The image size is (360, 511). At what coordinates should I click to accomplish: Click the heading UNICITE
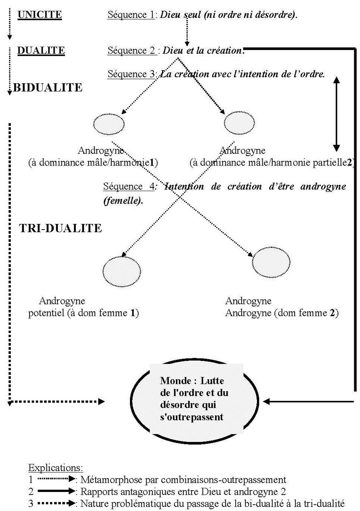click(x=39, y=15)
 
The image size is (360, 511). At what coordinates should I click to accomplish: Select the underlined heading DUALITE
click(x=41, y=50)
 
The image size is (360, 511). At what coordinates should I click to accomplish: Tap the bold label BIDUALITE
click(x=48, y=87)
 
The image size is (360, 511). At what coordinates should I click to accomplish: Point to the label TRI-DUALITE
click(x=60, y=228)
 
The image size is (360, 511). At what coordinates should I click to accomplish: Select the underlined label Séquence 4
click(x=129, y=186)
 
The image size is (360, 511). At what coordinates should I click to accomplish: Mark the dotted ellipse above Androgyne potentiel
click(x=122, y=272)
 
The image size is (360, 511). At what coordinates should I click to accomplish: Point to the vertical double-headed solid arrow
click(x=337, y=115)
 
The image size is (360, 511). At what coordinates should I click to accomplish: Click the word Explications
click(x=55, y=468)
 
